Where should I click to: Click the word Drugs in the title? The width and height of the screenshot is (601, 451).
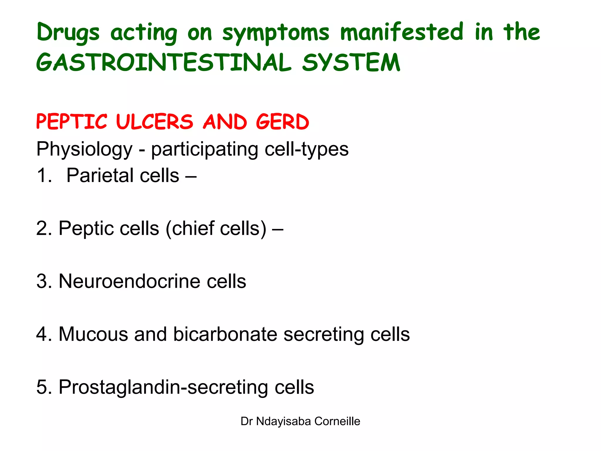pos(68,33)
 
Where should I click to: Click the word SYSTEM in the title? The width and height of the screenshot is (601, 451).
pos(351,63)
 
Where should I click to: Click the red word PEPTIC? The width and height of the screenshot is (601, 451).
pos(72,122)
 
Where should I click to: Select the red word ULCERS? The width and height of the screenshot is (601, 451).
pos(155,122)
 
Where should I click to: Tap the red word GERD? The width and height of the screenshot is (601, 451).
pos(282,122)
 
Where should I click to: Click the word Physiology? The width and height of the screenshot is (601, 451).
pos(85,149)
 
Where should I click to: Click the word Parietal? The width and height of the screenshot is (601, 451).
pos(100,176)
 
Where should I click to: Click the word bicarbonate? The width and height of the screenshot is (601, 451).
pos(225,334)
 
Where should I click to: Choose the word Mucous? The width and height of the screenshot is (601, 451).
pos(93,334)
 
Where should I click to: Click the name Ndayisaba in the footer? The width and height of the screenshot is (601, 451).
pos(283,421)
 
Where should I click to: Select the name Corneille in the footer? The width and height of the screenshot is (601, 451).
pos(337,421)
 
